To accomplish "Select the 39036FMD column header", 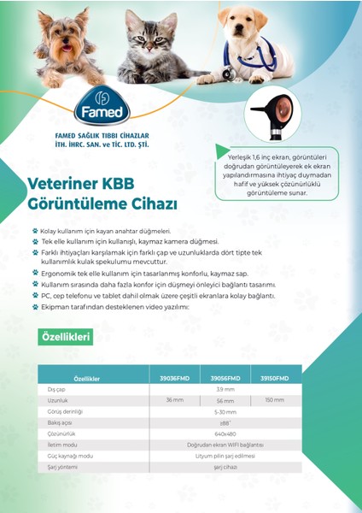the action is click(x=174, y=378).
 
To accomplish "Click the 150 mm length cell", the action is click(x=274, y=400).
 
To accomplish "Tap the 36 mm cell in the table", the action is click(x=174, y=400).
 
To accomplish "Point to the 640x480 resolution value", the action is click(x=225, y=433).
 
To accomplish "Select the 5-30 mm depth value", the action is click(x=225, y=411).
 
